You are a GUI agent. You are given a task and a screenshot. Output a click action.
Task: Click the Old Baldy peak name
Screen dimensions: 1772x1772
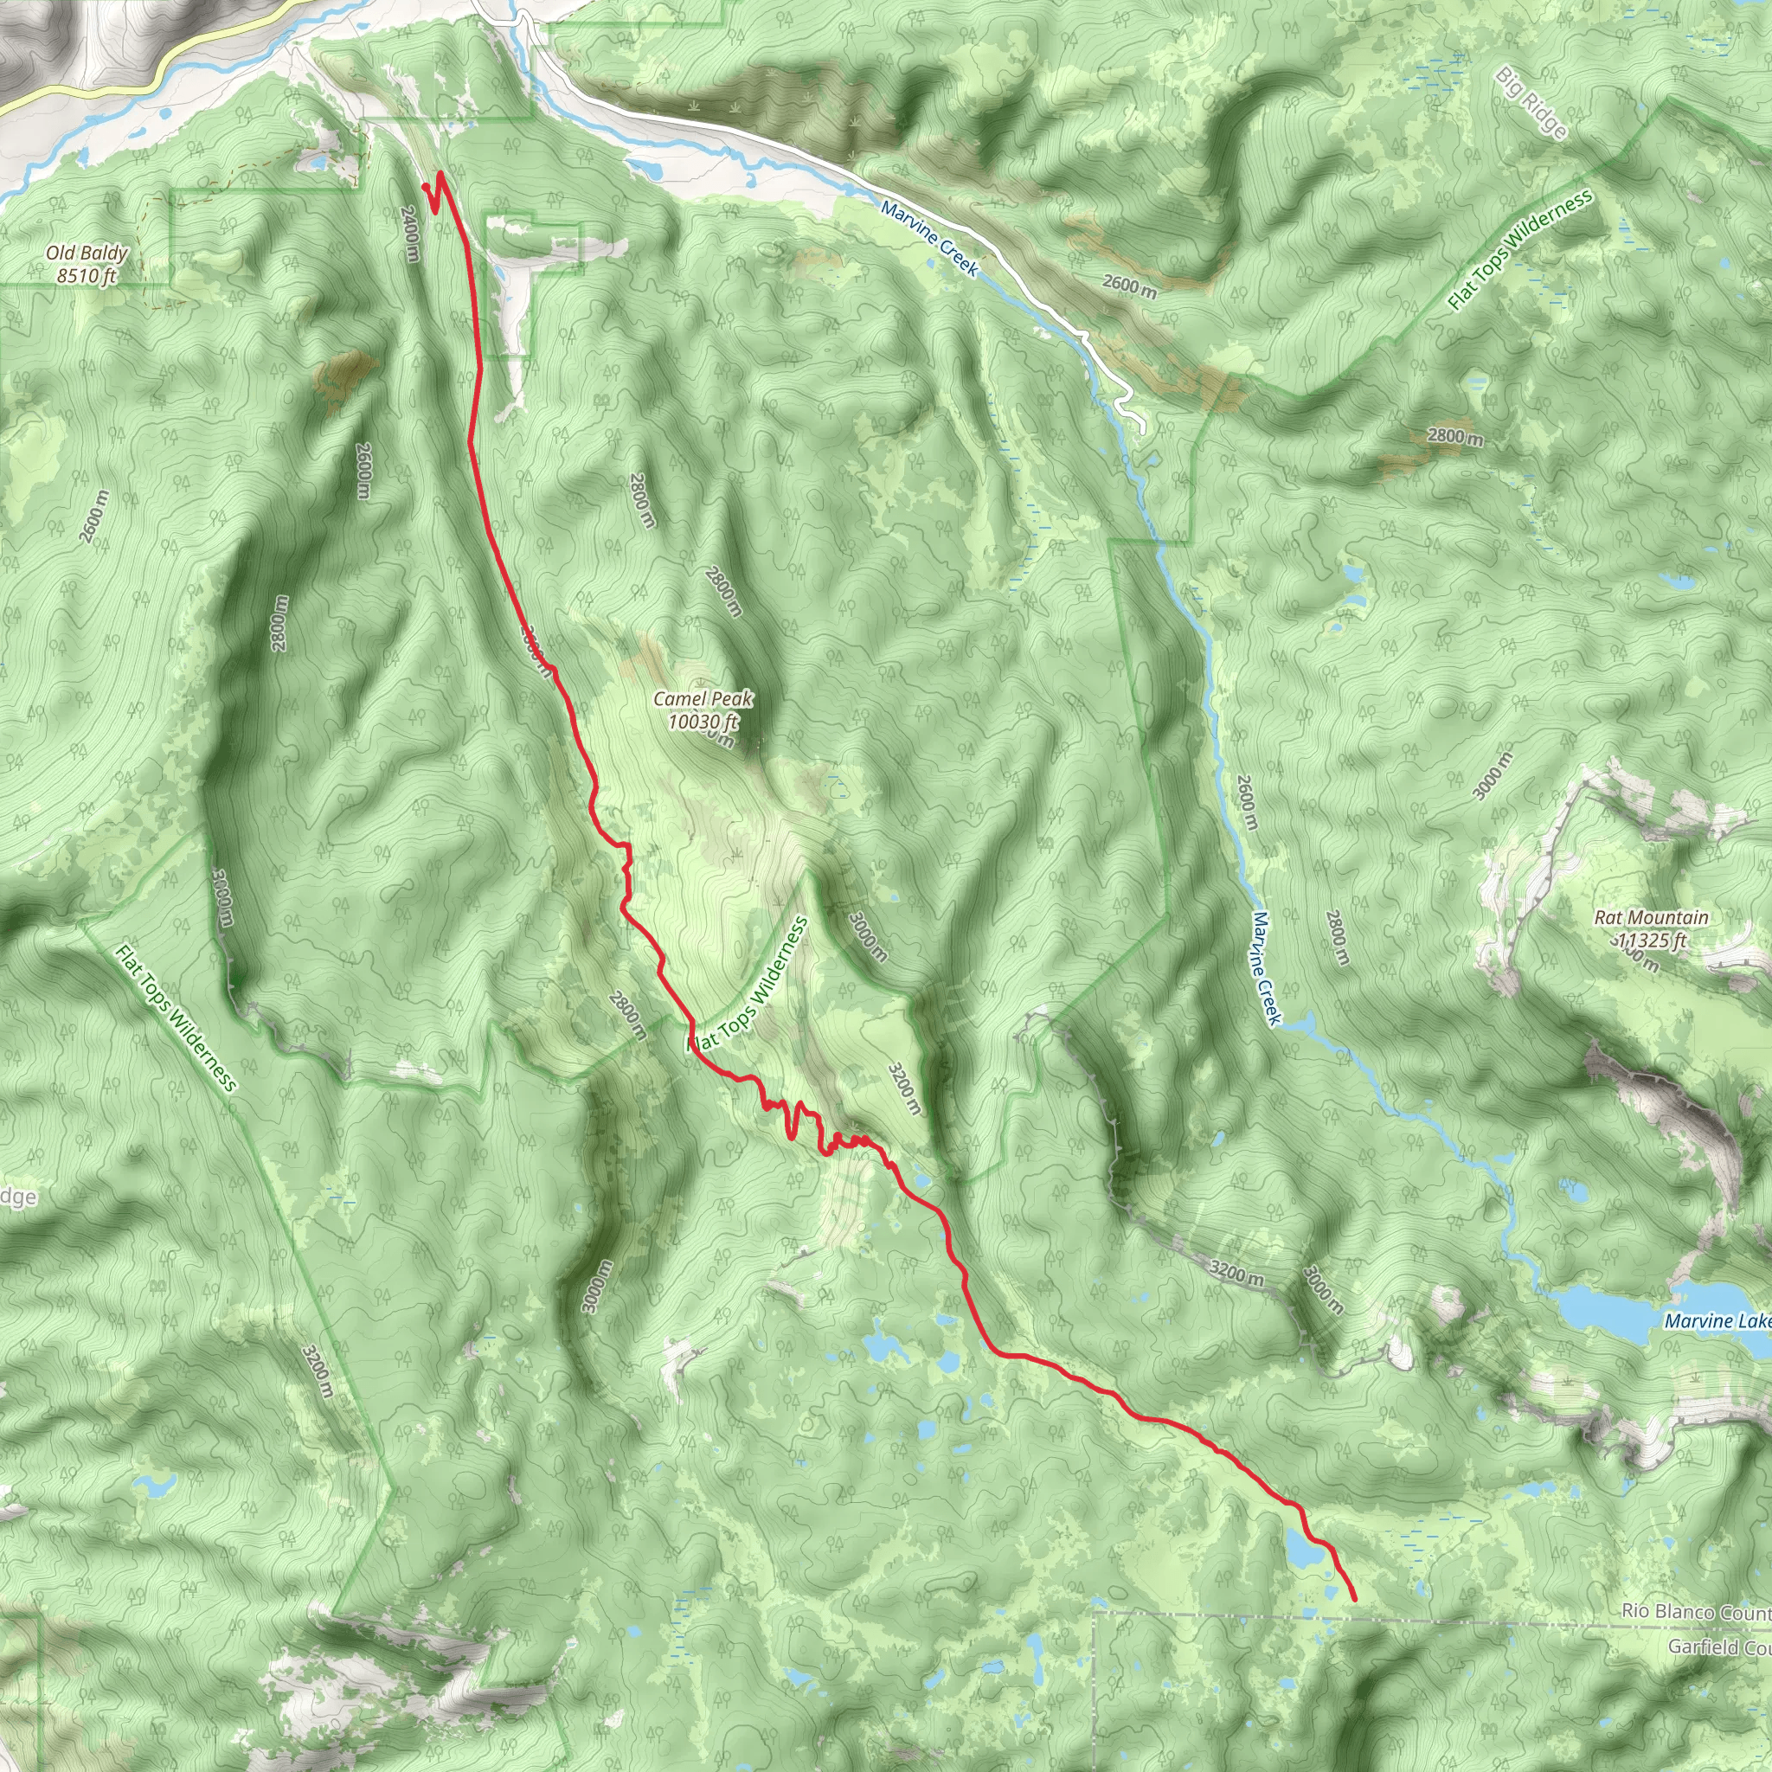87,254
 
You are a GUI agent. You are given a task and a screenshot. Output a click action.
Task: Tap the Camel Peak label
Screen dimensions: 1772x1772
703,699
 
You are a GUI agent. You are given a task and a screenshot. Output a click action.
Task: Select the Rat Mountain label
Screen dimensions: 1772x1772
1651,917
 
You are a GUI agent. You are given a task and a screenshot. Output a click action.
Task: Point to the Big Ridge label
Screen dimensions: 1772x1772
1531,103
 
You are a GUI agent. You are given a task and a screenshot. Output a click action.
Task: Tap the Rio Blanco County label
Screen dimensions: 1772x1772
1695,1610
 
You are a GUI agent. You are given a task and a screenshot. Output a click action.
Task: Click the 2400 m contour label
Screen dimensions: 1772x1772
410,233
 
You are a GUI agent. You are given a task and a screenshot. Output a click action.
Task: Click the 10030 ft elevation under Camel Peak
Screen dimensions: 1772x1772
703,722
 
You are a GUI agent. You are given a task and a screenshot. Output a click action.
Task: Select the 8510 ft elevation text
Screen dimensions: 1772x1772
87,274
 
